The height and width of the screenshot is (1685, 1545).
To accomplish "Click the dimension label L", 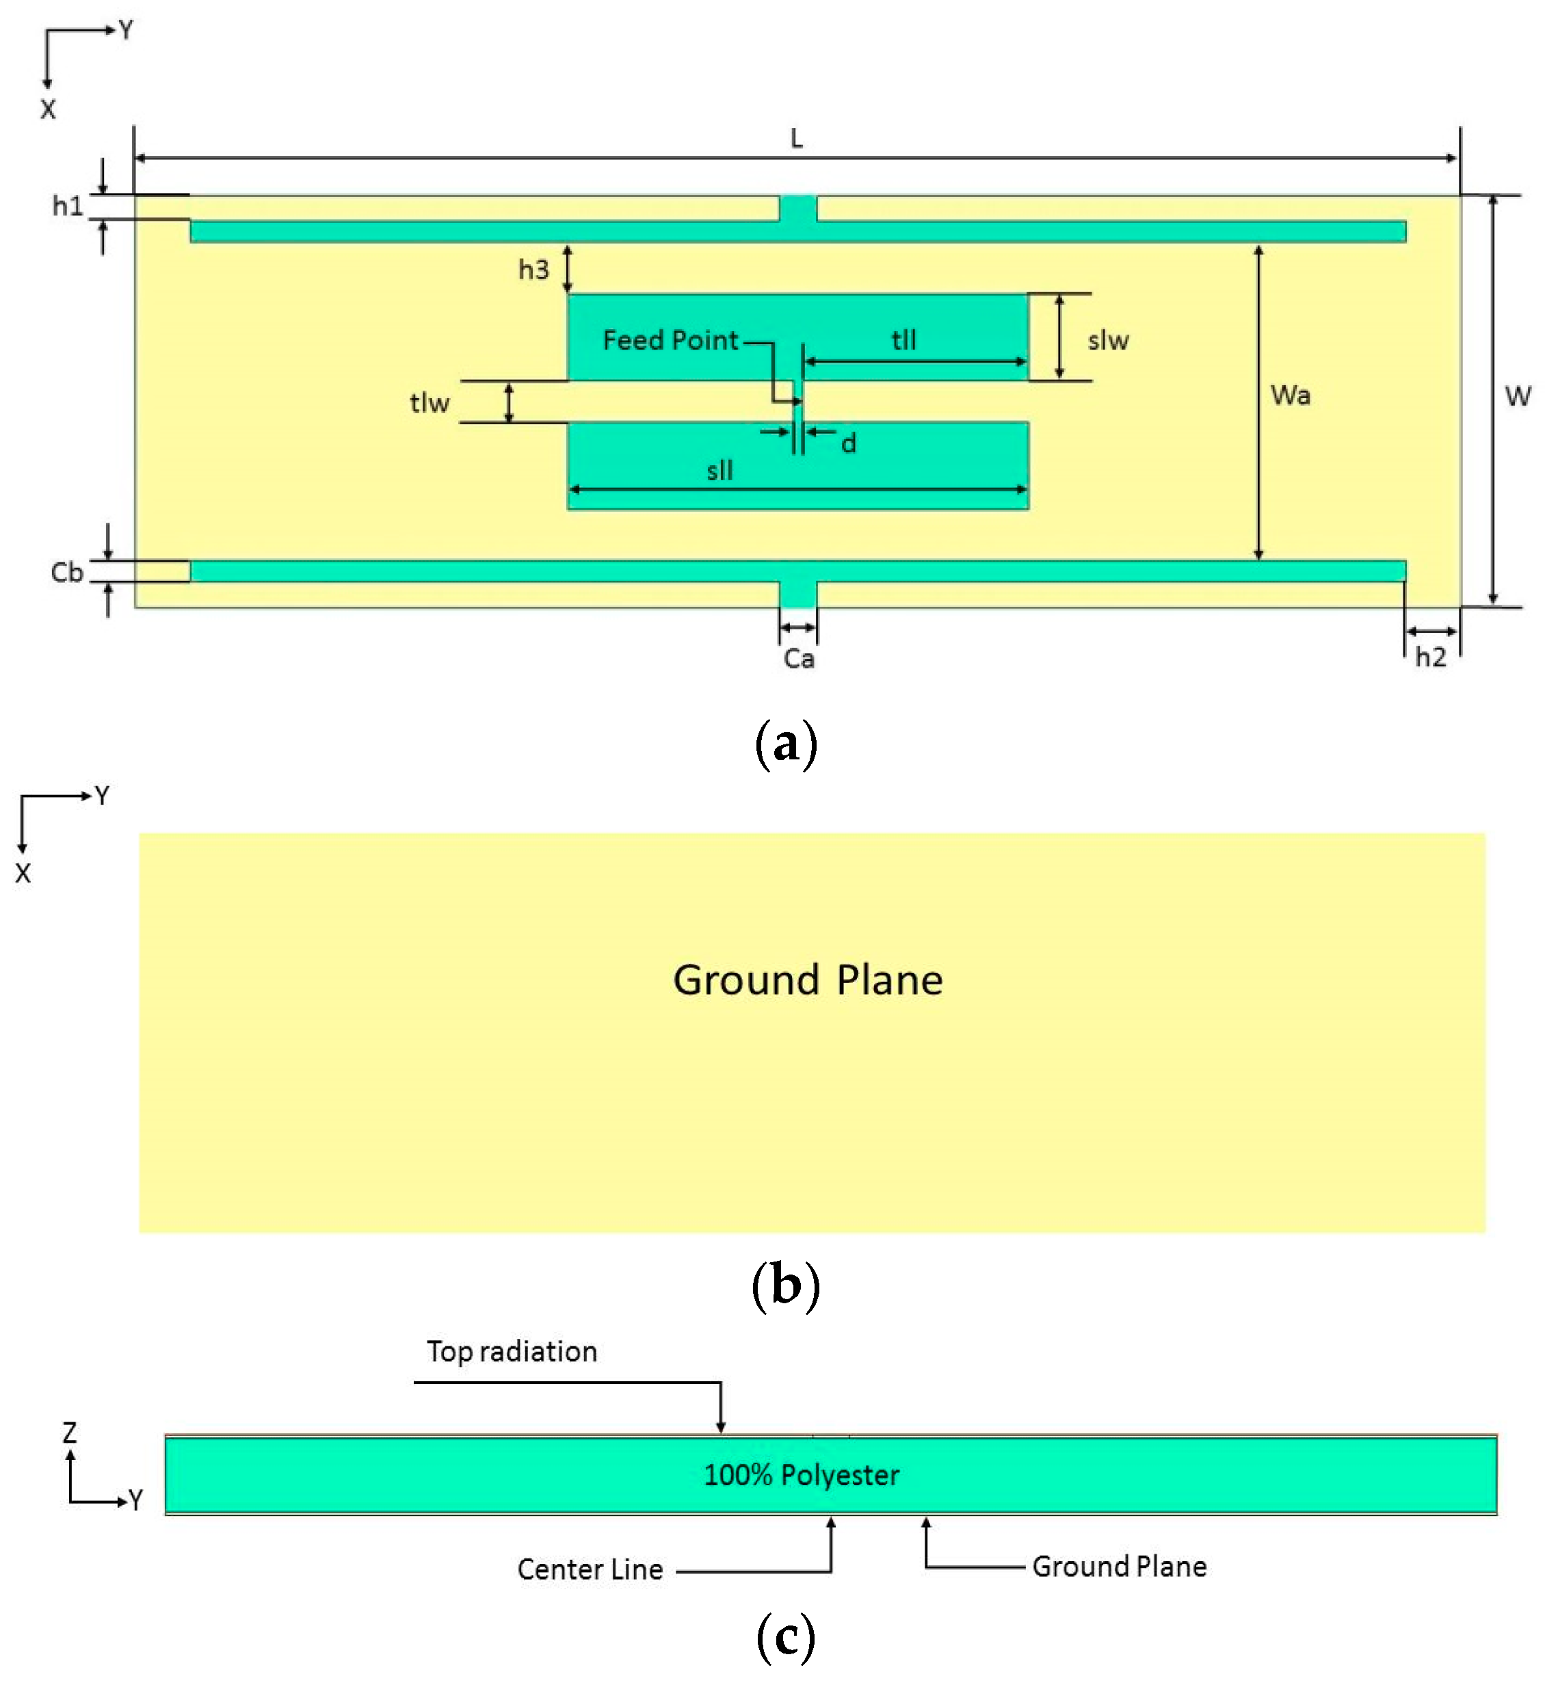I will tap(796, 139).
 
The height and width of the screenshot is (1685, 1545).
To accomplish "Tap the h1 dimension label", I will tap(68, 206).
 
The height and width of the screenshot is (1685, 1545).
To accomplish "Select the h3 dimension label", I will tap(533, 270).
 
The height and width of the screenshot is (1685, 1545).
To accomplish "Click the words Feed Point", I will tap(670, 340).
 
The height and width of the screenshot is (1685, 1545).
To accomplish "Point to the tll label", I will tap(903, 339).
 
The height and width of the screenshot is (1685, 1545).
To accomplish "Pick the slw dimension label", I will tap(1108, 340).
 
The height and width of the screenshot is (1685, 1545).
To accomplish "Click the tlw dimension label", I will tap(430, 403).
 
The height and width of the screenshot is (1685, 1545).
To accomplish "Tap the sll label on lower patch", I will tap(719, 471).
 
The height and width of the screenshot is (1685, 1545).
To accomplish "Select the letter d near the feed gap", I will tap(848, 444).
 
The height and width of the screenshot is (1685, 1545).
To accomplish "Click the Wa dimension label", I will tap(1290, 395).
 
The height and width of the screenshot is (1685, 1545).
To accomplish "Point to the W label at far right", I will tap(1518, 395).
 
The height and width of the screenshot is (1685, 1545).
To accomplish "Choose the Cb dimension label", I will tap(67, 573).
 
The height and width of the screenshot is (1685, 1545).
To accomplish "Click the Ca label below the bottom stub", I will tap(798, 659).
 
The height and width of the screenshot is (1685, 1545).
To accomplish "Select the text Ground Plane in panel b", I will tap(808, 980).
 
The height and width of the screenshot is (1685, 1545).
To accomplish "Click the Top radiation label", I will tap(512, 1353).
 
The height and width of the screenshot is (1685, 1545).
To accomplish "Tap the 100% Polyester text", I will tap(801, 1475).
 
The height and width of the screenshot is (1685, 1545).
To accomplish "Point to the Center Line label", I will tap(590, 1569).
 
